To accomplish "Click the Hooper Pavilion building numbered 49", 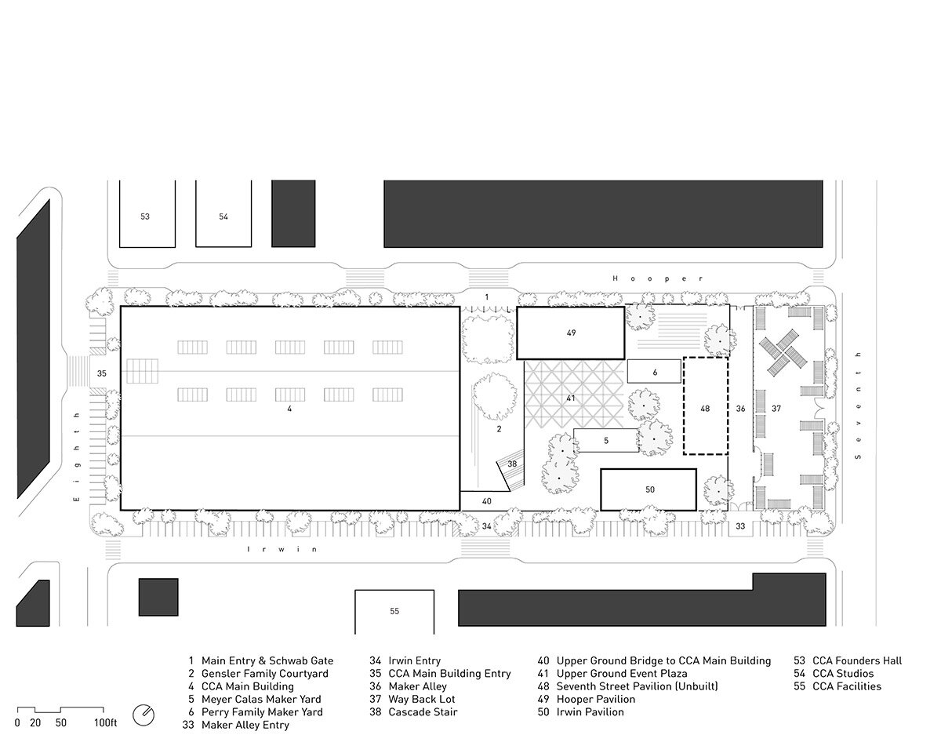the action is point(571,333).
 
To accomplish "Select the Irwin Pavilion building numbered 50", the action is point(649,490).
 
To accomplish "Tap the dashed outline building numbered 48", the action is point(706,406).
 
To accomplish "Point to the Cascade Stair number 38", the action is point(512,464).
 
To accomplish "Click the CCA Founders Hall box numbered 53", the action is point(147,214).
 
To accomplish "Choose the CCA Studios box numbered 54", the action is point(223,214).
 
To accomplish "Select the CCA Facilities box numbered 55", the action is point(394,612).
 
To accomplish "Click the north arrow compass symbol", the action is point(144,715).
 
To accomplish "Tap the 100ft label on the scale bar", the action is point(105,723).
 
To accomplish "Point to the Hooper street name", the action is point(658,278).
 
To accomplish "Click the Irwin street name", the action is point(282,549).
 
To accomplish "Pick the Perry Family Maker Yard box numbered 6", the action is point(654,372).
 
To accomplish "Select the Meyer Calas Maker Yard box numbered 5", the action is point(606,440).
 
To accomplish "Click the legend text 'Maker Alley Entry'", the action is point(245,725).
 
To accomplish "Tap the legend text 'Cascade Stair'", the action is point(423,712).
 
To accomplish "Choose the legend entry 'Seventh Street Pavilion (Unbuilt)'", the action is point(637,686).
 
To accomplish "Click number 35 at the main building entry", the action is point(101,373).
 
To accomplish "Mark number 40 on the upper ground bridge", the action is point(487,501).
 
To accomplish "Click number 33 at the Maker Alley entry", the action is point(739,526).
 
